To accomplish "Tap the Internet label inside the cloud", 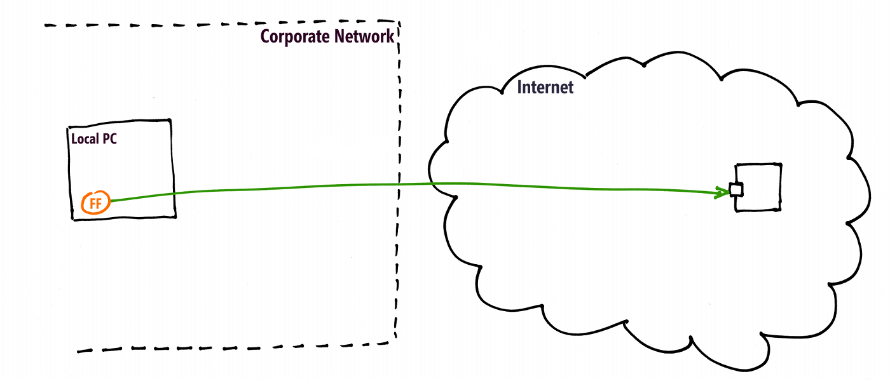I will coord(545,88).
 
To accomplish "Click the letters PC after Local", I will coord(110,139).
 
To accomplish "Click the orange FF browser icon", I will coord(96,204).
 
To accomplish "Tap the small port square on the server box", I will coord(736,190).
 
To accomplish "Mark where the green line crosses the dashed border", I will coord(399,185).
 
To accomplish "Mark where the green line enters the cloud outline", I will coord(433,184).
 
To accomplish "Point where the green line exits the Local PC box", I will coord(172,194).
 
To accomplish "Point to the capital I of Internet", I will coord(520,88).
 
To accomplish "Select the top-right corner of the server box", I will coord(781,164).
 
